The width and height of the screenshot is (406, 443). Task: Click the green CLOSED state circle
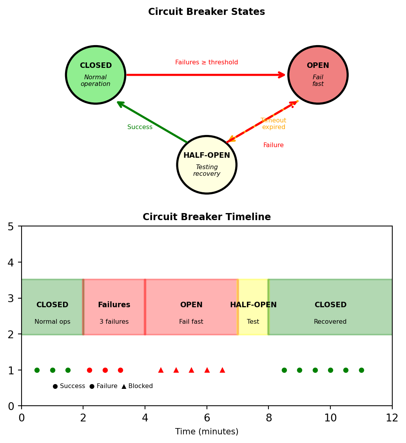coord(96,75)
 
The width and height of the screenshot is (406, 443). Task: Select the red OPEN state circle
coord(318,75)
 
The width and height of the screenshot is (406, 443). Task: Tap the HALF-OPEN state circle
coord(207,165)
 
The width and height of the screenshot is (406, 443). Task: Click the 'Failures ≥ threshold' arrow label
coord(207,62)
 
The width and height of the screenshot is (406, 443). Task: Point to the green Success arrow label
coord(140,127)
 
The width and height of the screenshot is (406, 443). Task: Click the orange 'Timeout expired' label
coord(274,124)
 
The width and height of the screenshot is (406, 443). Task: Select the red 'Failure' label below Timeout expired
coord(274,145)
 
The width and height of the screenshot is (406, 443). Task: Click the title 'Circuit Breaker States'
coord(207,12)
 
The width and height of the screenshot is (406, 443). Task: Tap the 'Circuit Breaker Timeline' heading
coord(207,217)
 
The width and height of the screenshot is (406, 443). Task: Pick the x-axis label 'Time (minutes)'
coord(207,432)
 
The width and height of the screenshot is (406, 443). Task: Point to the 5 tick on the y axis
coord(11,226)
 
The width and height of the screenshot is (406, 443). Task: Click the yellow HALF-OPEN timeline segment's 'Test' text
coord(253,322)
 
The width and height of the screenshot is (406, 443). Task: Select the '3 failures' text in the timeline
coord(114,322)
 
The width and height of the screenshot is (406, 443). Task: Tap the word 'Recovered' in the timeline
coord(330,322)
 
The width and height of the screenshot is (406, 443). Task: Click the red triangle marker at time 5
coord(176,370)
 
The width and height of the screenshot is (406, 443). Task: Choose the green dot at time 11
coord(361,370)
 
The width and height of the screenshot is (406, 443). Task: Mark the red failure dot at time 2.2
coord(89,370)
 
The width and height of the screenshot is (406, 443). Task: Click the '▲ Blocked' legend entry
coord(137,386)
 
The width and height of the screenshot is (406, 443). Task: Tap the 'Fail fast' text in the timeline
coord(191,322)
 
